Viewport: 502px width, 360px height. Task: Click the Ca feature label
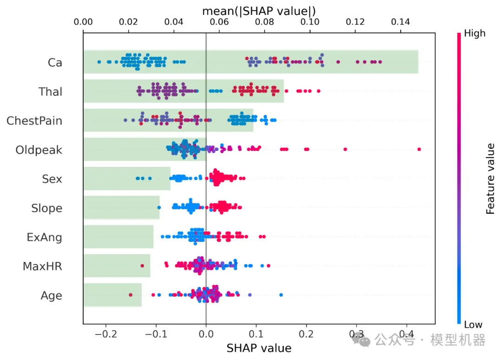[x=55, y=62]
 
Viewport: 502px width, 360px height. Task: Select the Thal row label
[x=51, y=92]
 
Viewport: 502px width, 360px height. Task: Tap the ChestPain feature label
[x=34, y=121]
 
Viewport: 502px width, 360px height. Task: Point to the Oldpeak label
[x=39, y=150]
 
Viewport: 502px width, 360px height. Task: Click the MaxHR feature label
[x=42, y=267]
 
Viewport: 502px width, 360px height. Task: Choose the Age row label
[x=51, y=296]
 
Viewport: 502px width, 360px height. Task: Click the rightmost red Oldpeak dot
[x=419, y=149]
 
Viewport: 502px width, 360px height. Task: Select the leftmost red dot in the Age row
[x=131, y=295]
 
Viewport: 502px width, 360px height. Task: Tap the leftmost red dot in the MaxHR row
[x=142, y=266]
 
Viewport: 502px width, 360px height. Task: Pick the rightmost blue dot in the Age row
[x=281, y=295]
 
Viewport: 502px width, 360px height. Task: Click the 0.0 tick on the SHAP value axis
[x=206, y=334]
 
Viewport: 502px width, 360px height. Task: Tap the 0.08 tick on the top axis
[x=264, y=22]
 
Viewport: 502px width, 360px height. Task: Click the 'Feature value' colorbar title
[x=490, y=178]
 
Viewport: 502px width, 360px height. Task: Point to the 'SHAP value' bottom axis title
[x=259, y=348]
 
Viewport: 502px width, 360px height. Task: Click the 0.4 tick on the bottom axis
[x=407, y=334]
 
